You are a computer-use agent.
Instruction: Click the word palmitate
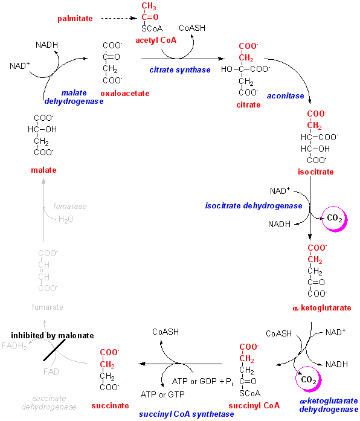[x=75, y=19]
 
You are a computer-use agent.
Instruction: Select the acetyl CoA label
[x=156, y=40]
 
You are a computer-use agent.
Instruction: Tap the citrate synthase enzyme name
[x=180, y=70]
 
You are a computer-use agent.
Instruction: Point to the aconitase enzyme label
[x=285, y=96]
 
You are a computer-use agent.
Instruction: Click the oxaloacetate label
[x=125, y=94]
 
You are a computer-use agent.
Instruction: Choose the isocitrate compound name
[x=316, y=172]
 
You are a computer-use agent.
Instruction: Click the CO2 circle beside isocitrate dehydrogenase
[x=335, y=219]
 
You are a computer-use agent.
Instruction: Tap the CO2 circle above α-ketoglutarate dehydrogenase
[x=309, y=379]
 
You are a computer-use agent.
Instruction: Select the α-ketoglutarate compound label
[x=322, y=307]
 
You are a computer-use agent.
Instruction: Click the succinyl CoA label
[x=254, y=405]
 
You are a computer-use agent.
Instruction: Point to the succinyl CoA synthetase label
[x=186, y=414]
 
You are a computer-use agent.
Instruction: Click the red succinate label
[x=110, y=406]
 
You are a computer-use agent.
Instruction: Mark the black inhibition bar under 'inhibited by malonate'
[x=54, y=350]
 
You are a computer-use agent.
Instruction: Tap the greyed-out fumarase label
[x=70, y=206]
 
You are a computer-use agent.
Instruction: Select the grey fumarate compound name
[x=48, y=307]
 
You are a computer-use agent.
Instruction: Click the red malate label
[x=43, y=170]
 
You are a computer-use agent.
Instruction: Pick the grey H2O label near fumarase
[x=66, y=219]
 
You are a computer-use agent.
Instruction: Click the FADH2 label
[x=14, y=346]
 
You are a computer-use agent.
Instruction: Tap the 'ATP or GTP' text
[x=162, y=394]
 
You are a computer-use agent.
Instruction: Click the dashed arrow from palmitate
[x=119, y=18]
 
